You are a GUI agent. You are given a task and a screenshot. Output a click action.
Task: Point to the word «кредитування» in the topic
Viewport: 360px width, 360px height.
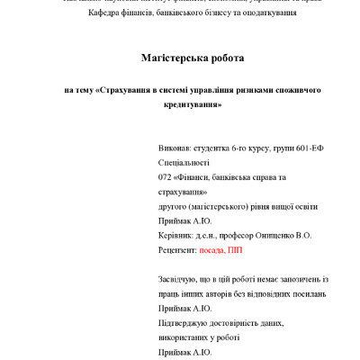coord(179,105)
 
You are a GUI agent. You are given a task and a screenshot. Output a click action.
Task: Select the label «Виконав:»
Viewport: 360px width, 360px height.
coord(175,148)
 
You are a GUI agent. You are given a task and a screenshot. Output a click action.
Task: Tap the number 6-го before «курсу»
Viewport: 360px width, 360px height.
coord(238,148)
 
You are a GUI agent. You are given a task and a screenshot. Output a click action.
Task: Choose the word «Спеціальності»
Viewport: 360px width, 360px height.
coord(184,163)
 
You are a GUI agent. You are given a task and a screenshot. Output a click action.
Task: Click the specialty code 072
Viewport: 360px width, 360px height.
coord(165,177)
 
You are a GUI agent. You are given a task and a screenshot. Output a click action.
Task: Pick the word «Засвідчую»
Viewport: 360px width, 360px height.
coord(178,280)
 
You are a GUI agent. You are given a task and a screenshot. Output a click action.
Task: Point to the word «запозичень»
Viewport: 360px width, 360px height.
coord(301,280)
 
